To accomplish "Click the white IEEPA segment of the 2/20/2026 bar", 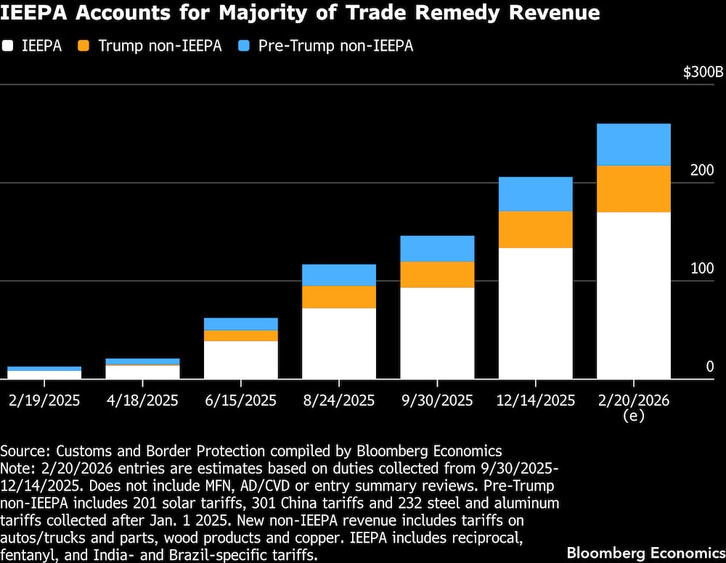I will click(633, 295).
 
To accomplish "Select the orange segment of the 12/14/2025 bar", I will click(535, 229).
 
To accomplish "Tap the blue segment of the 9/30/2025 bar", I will click(437, 248).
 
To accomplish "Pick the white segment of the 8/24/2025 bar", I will click(339, 343).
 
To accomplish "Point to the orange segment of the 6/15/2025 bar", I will click(241, 335).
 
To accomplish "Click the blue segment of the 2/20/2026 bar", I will click(633, 144).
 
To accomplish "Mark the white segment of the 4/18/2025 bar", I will click(143, 371).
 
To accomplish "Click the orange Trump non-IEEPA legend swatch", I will click(85, 46).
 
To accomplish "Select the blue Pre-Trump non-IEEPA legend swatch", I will click(245, 46).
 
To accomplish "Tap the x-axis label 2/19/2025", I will click(44, 400).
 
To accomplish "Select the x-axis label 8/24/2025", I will click(339, 400).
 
